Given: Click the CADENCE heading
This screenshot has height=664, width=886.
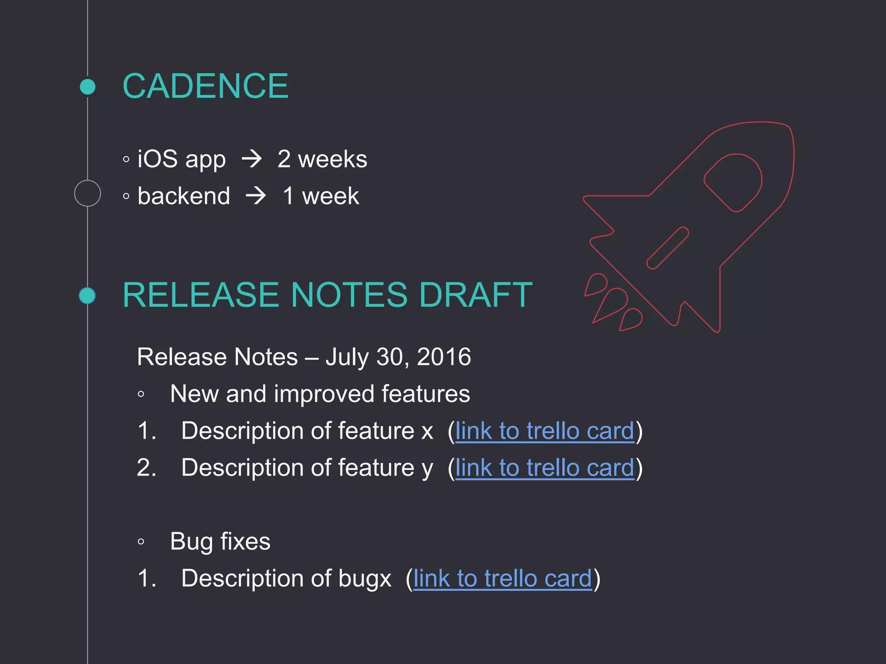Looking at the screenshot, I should click(205, 86).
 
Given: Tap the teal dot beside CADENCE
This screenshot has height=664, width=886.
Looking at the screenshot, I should click(88, 86).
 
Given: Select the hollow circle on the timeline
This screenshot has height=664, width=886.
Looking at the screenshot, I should click(87, 193).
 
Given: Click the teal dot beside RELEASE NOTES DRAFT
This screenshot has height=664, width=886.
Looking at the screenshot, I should click(87, 296).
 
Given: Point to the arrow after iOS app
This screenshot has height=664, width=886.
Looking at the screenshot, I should click(252, 159).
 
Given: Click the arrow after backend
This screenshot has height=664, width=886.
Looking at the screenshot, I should click(256, 196).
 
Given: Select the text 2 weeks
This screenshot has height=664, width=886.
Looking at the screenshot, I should click(322, 159).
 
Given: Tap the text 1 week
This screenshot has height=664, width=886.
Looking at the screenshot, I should click(321, 196).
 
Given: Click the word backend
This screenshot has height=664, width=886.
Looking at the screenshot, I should click(184, 196).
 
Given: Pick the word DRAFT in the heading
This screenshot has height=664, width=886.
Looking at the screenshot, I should click(475, 295).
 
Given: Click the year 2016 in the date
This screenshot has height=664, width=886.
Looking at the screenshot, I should click(443, 357).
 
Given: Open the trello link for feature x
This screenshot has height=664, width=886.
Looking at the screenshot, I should click(545, 431).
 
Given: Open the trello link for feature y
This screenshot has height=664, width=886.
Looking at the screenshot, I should click(545, 468).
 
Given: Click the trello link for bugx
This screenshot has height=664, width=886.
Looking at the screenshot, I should click(502, 578).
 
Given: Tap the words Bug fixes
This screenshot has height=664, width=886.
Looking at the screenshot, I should click(220, 541).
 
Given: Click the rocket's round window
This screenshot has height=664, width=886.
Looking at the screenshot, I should click(733, 182).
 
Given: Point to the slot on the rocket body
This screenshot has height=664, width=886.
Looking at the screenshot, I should click(668, 248).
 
